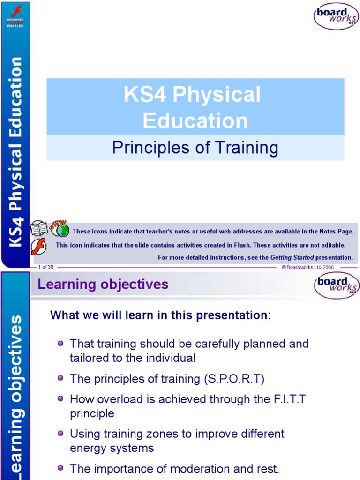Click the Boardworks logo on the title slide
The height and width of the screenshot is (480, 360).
[336, 16]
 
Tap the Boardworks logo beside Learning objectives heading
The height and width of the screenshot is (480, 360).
[336, 285]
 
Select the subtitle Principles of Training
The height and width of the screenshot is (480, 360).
[195, 148]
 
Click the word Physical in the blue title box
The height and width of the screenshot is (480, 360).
[217, 95]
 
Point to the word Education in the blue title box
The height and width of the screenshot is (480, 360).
[195, 120]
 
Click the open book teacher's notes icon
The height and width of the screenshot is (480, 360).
[39, 229]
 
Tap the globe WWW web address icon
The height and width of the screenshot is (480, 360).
[60, 228]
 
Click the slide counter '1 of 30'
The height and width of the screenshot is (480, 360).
[45, 267]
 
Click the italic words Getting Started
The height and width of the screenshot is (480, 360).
[292, 257]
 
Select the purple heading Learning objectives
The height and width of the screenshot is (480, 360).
[103, 285]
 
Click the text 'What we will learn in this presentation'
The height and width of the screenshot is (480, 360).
[160, 315]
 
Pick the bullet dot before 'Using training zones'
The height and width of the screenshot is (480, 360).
[60, 434]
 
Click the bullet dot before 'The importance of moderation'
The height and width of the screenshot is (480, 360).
[60, 468]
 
